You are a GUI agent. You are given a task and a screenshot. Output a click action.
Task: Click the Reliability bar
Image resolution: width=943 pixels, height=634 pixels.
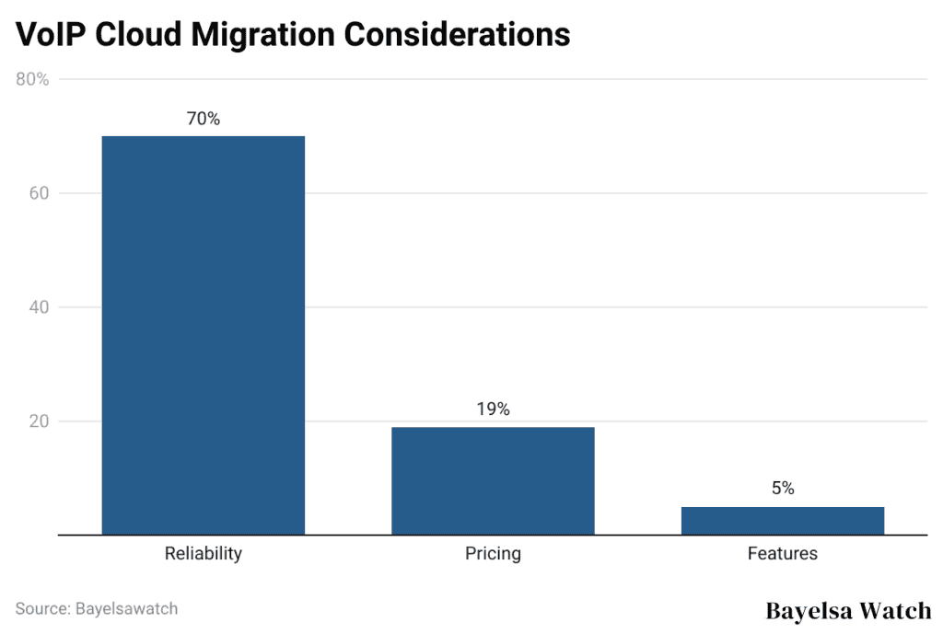coord(203,335)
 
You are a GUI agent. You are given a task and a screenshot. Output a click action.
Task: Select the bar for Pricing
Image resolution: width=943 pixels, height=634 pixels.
coord(493,480)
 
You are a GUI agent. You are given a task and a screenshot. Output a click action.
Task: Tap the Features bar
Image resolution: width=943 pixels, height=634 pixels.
coord(782,520)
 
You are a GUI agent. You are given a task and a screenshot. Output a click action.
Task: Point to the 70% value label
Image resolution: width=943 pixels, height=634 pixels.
coord(203,119)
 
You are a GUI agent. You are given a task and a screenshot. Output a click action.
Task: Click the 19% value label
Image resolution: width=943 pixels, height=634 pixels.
coord(493,409)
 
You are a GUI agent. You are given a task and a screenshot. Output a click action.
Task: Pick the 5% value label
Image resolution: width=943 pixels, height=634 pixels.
coord(783,489)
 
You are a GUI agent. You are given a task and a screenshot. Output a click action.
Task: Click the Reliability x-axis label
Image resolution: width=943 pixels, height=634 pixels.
coord(203,554)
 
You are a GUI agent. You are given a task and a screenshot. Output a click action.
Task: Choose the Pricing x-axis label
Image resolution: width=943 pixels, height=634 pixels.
coord(493,554)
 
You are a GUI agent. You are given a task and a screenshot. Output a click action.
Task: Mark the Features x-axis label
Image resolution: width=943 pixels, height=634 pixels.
coord(782,554)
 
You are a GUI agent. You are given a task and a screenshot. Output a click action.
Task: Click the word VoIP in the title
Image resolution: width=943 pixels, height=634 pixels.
coord(51,34)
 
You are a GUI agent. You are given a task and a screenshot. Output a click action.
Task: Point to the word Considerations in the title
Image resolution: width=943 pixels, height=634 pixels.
coord(457,34)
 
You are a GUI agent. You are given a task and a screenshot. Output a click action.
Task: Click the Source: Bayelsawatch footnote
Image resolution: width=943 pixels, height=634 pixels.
coord(97,608)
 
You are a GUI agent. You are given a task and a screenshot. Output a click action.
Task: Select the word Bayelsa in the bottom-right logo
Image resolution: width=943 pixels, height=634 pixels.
coord(809,611)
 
